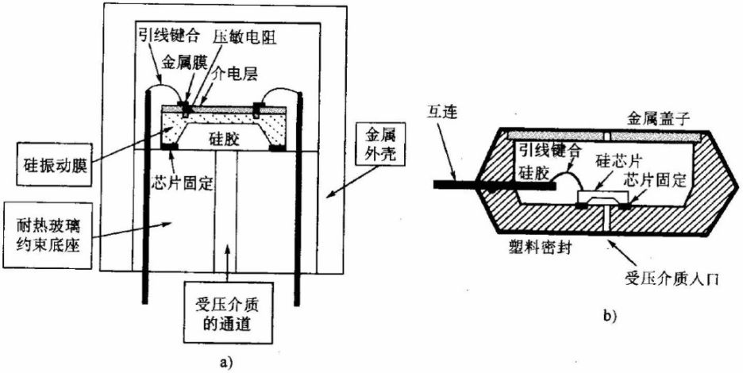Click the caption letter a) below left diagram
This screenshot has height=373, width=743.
coord(227,361)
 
